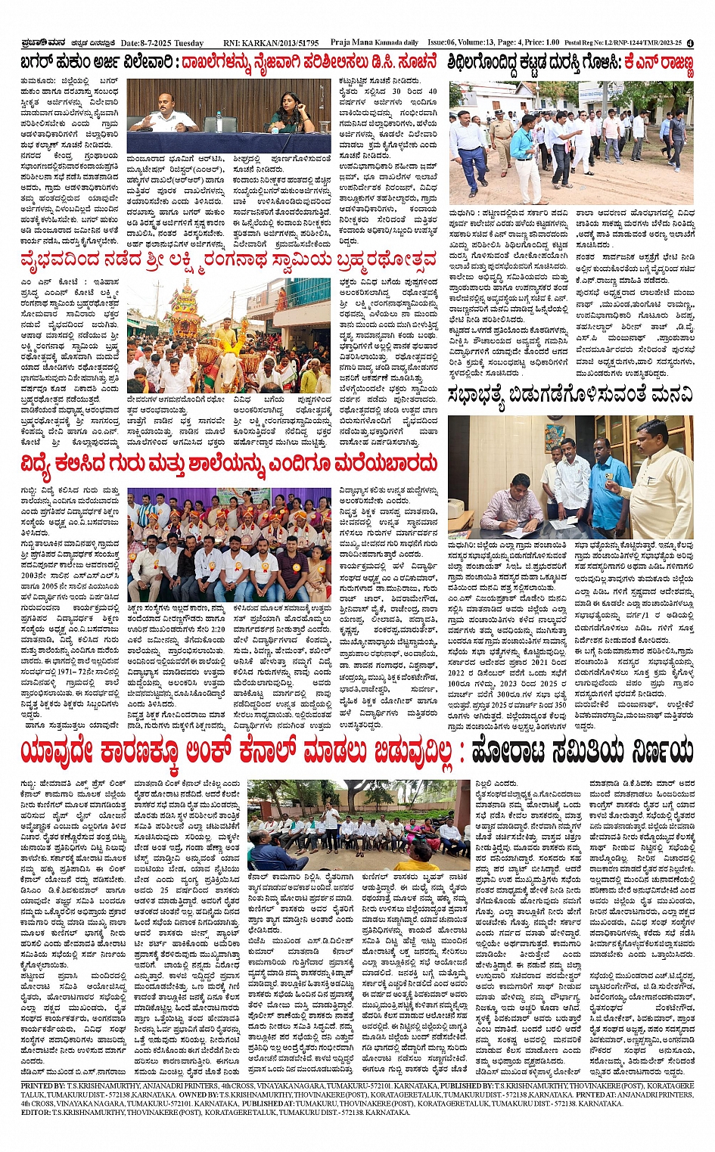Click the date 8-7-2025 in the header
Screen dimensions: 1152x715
(151, 43)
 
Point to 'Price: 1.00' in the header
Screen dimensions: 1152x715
(545, 43)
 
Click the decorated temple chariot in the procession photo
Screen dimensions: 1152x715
(185, 318)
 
